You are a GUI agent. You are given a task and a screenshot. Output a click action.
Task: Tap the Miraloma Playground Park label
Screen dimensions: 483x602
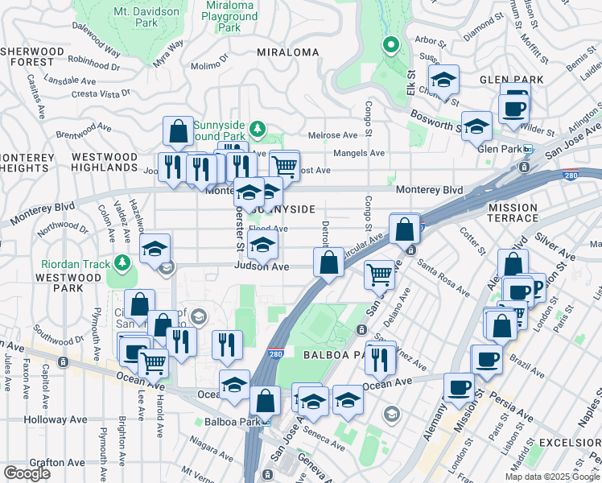(x=229, y=16)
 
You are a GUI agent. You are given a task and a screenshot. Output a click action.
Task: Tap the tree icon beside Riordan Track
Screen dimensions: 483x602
(x=122, y=262)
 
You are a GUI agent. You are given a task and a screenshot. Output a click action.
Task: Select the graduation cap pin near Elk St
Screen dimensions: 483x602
(x=443, y=79)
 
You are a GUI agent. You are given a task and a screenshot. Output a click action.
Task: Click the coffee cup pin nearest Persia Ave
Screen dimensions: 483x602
(x=460, y=387)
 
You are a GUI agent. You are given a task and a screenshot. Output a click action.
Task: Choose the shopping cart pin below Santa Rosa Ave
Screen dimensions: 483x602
(x=378, y=275)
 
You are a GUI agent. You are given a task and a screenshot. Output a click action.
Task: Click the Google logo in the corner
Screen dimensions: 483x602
(x=27, y=473)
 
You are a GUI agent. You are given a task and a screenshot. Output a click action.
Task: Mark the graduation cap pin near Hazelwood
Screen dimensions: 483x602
(x=155, y=248)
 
